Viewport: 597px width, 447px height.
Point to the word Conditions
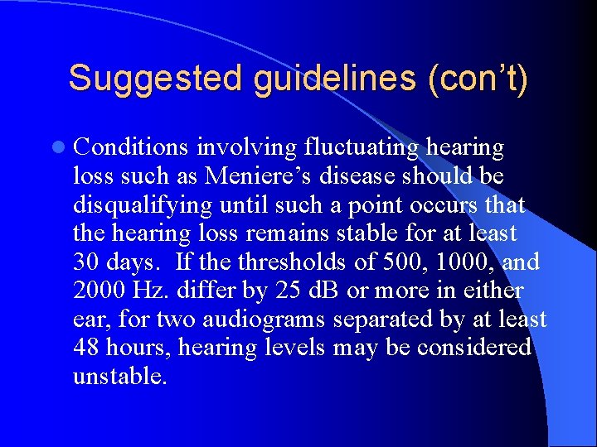(131, 147)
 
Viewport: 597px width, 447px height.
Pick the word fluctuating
(361, 147)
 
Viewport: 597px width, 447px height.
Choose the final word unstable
(119, 377)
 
